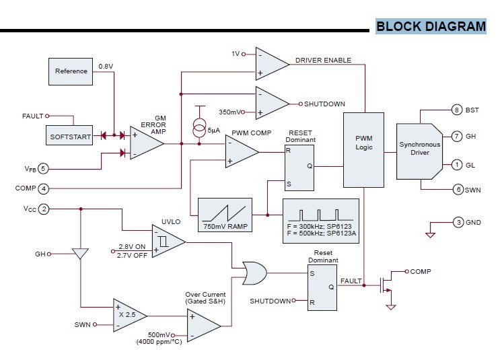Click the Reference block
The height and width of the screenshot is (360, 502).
[71, 71]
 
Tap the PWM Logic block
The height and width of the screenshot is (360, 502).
[363, 149]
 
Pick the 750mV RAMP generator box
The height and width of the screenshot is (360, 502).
[225, 215]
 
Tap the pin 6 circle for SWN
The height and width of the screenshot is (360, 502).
[458, 190]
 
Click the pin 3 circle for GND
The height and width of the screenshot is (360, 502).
[458, 222]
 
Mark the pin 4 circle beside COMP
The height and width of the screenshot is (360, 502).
[43, 188]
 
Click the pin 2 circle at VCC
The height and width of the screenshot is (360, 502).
[44, 209]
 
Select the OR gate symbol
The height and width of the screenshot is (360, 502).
[254, 273]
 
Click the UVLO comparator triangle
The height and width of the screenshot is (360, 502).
[169, 240]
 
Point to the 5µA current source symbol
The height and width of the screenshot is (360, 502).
[199, 125]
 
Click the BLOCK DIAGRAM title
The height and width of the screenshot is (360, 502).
[430, 27]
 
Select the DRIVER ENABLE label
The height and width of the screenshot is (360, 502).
[322, 61]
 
